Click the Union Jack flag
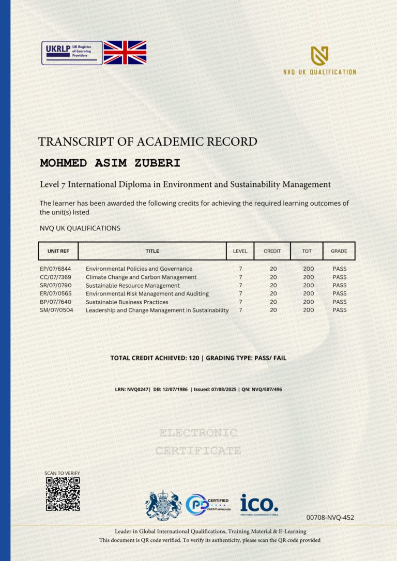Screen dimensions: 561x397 pyautogui.click(x=125, y=53)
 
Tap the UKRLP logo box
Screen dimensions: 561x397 pyautogui.click(x=72, y=53)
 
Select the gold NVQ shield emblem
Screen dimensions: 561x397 pyautogui.click(x=319, y=56)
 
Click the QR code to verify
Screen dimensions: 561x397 pyautogui.click(x=63, y=494)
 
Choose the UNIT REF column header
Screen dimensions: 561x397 pyautogui.click(x=58, y=251)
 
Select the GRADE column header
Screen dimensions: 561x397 pyautogui.click(x=339, y=251)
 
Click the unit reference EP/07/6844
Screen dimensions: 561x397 pyautogui.click(x=55, y=269)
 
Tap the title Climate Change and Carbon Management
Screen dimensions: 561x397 pyautogui.click(x=141, y=277)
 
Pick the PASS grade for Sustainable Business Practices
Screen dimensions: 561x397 pyautogui.click(x=340, y=302)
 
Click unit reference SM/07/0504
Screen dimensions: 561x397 pyautogui.click(x=56, y=310)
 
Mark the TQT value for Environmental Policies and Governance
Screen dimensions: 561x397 pyautogui.click(x=309, y=269)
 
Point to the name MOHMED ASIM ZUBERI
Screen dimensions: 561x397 pyautogui.click(x=110, y=163)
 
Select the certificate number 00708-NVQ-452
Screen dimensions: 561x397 pyautogui.click(x=330, y=517)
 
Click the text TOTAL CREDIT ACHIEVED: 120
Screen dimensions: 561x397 pyautogui.click(x=155, y=357)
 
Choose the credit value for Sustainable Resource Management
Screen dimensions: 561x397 pyautogui.click(x=273, y=285)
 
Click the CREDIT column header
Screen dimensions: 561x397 pyautogui.click(x=272, y=251)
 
